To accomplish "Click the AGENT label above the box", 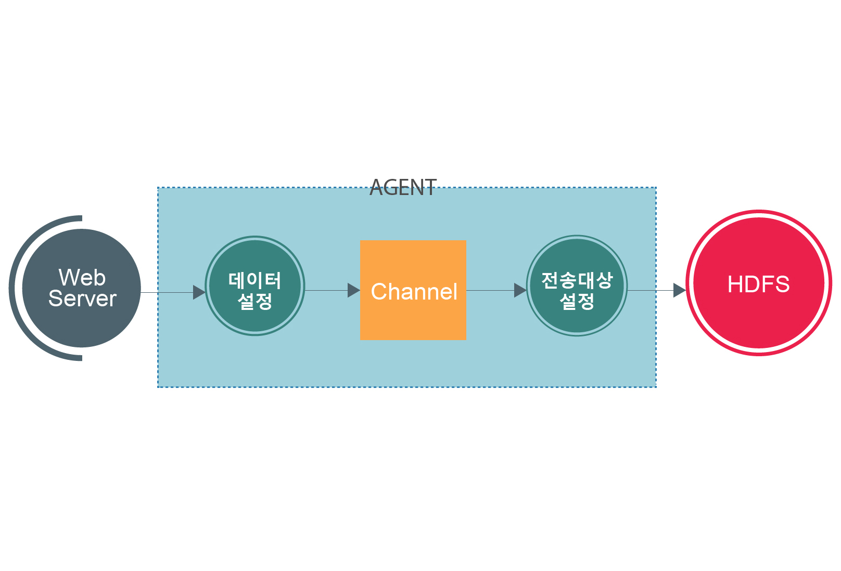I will pos(403,188).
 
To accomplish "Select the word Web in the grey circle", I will pos(82,277).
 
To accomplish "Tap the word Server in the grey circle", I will pos(82,299).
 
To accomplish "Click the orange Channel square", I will pos(413,322).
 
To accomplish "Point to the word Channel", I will pos(414,291).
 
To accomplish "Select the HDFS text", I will pos(758,284).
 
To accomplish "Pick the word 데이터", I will pos(254,281).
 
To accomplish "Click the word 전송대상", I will pos(577,281).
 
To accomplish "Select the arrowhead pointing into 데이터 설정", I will pos(199,292).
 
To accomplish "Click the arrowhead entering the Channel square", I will pos(353,290).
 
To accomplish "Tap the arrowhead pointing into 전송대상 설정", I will pos(520,290).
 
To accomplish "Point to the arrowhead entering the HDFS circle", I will pos(679,290).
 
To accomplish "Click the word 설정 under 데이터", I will pos(254,301).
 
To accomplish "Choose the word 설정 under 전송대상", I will pos(577,301).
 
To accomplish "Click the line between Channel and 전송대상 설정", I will pos(489,290).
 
